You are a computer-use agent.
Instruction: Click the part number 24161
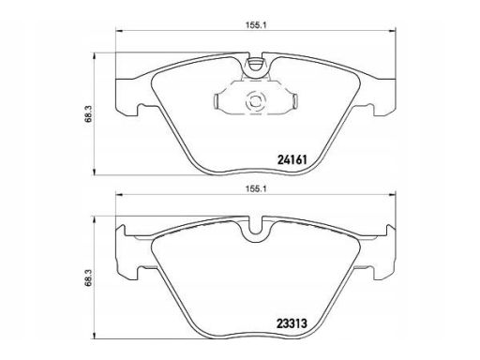(292, 160)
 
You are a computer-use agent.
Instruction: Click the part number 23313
(292, 323)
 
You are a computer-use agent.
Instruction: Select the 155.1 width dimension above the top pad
(255, 25)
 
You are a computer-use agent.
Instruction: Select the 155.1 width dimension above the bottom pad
(255, 189)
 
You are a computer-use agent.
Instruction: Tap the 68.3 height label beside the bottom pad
(89, 277)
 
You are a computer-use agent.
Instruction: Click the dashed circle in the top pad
(255, 100)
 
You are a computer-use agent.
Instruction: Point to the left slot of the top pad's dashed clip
(216, 101)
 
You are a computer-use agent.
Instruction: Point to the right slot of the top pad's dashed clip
(294, 101)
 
